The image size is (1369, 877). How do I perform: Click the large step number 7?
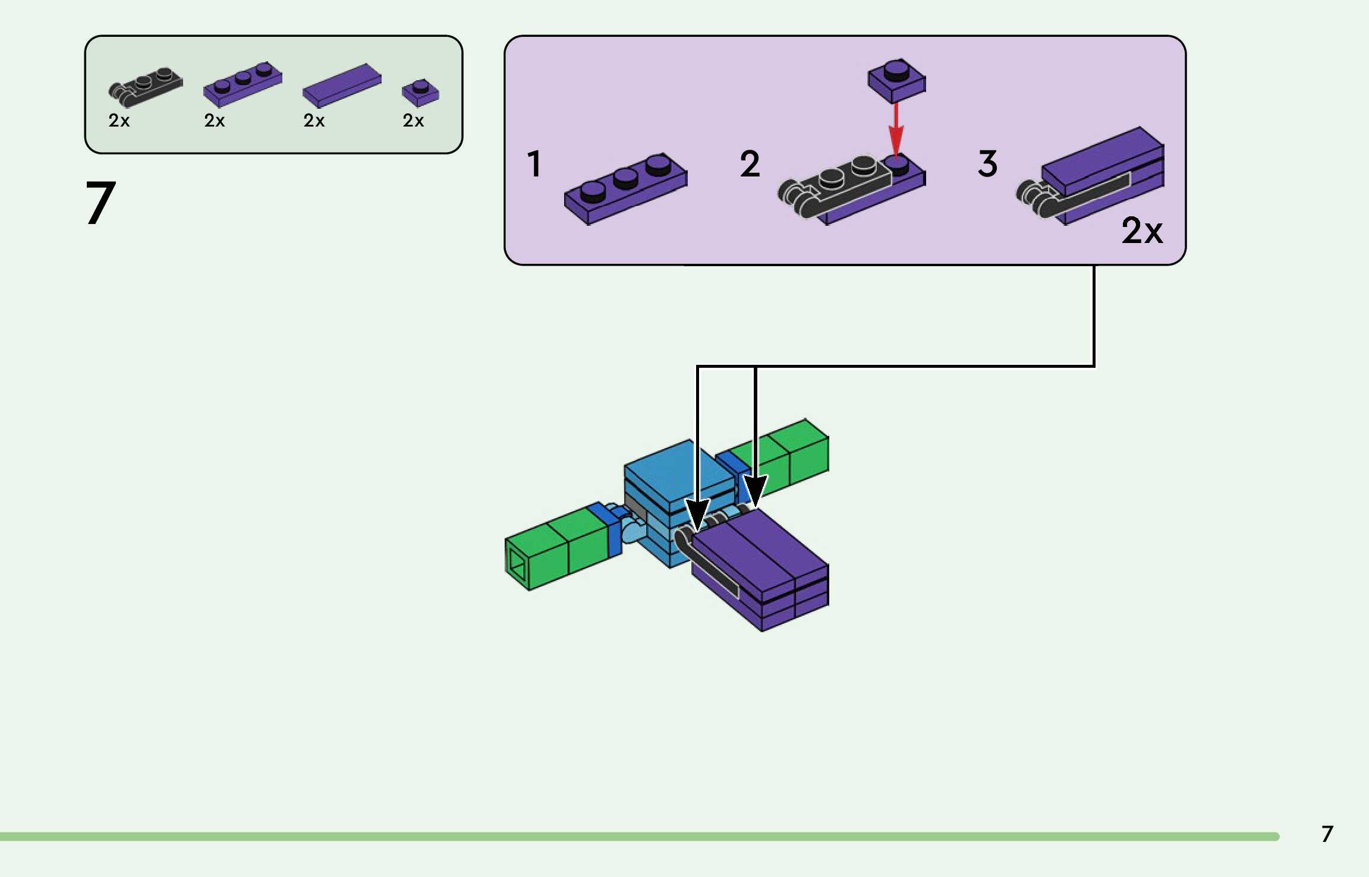100,203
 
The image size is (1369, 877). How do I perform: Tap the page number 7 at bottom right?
1327,834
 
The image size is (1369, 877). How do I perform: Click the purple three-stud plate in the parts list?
243,84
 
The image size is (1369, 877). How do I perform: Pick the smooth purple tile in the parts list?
342,86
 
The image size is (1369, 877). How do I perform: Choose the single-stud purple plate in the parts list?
420,92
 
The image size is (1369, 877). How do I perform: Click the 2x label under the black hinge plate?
119,121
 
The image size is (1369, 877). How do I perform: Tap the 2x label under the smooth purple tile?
314,121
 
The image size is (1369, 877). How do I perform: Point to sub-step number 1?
534,164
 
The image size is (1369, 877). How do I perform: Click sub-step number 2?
750,164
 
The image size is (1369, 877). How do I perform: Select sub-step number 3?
987,164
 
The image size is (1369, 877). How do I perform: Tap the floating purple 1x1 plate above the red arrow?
896,80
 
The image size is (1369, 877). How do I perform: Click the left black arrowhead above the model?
697,512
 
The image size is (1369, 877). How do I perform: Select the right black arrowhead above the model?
755,491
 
